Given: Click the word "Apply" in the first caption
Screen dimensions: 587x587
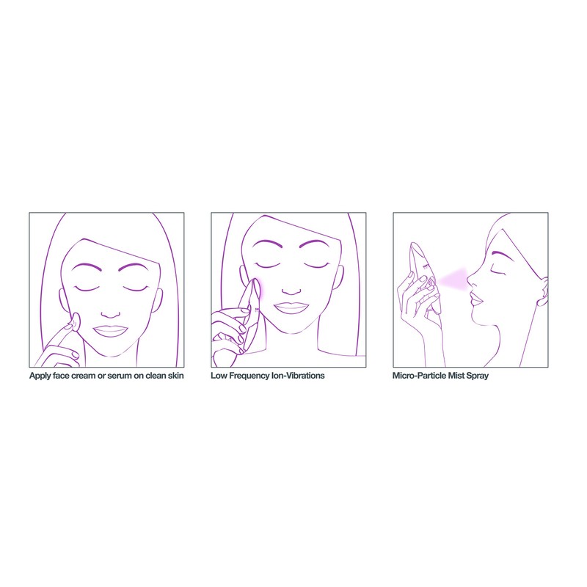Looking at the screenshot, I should coord(40,376).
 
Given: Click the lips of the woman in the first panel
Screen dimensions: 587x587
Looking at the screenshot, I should coord(111,330).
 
